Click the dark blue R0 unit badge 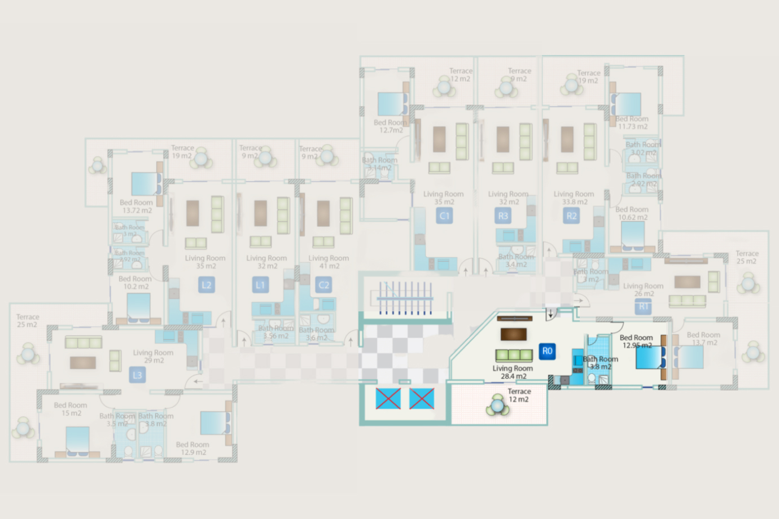click(547, 351)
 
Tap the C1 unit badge click(444, 215)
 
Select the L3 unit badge click(137, 375)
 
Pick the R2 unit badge click(571, 215)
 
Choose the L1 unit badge click(260, 285)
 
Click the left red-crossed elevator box click(388, 398)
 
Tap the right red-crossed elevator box click(422, 398)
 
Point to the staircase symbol click(406, 298)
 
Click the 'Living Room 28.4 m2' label click(513, 372)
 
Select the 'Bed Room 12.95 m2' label click(636, 341)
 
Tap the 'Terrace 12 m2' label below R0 click(519, 395)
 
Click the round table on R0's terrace click(497, 404)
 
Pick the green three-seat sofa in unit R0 click(514, 355)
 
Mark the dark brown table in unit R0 click(514, 335)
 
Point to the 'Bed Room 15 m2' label click(71, 409)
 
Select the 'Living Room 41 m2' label click(329, 262)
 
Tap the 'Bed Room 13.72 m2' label click(136, 206)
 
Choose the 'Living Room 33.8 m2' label click(574, 197)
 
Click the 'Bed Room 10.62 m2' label click(632, 213)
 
